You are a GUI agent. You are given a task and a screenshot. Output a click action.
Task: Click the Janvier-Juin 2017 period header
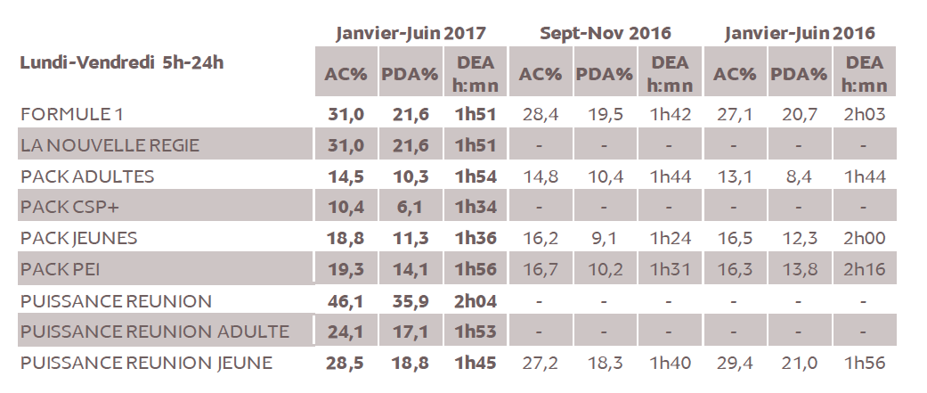tap(411, 33)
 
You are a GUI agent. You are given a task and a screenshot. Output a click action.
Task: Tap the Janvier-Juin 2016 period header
tap(799, 33)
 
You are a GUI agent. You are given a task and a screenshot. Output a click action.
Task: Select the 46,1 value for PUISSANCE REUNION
tap(346, 301)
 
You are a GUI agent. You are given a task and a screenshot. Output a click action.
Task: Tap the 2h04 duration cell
tap(475, 301)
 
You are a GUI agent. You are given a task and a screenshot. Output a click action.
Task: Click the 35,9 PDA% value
tap(410, 301)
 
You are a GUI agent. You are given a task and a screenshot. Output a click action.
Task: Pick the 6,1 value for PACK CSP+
tap(410, 207)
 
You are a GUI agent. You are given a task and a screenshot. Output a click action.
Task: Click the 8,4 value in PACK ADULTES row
tap(799, 176)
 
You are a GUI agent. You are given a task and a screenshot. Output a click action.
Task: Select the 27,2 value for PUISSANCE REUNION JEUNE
tap(541, 363)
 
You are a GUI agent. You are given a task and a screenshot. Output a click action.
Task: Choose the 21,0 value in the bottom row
tap(799, 363)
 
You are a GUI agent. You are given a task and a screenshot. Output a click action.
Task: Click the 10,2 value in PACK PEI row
tap(605, 269)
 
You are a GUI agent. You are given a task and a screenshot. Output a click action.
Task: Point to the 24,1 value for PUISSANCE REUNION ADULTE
tap(346, 332)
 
